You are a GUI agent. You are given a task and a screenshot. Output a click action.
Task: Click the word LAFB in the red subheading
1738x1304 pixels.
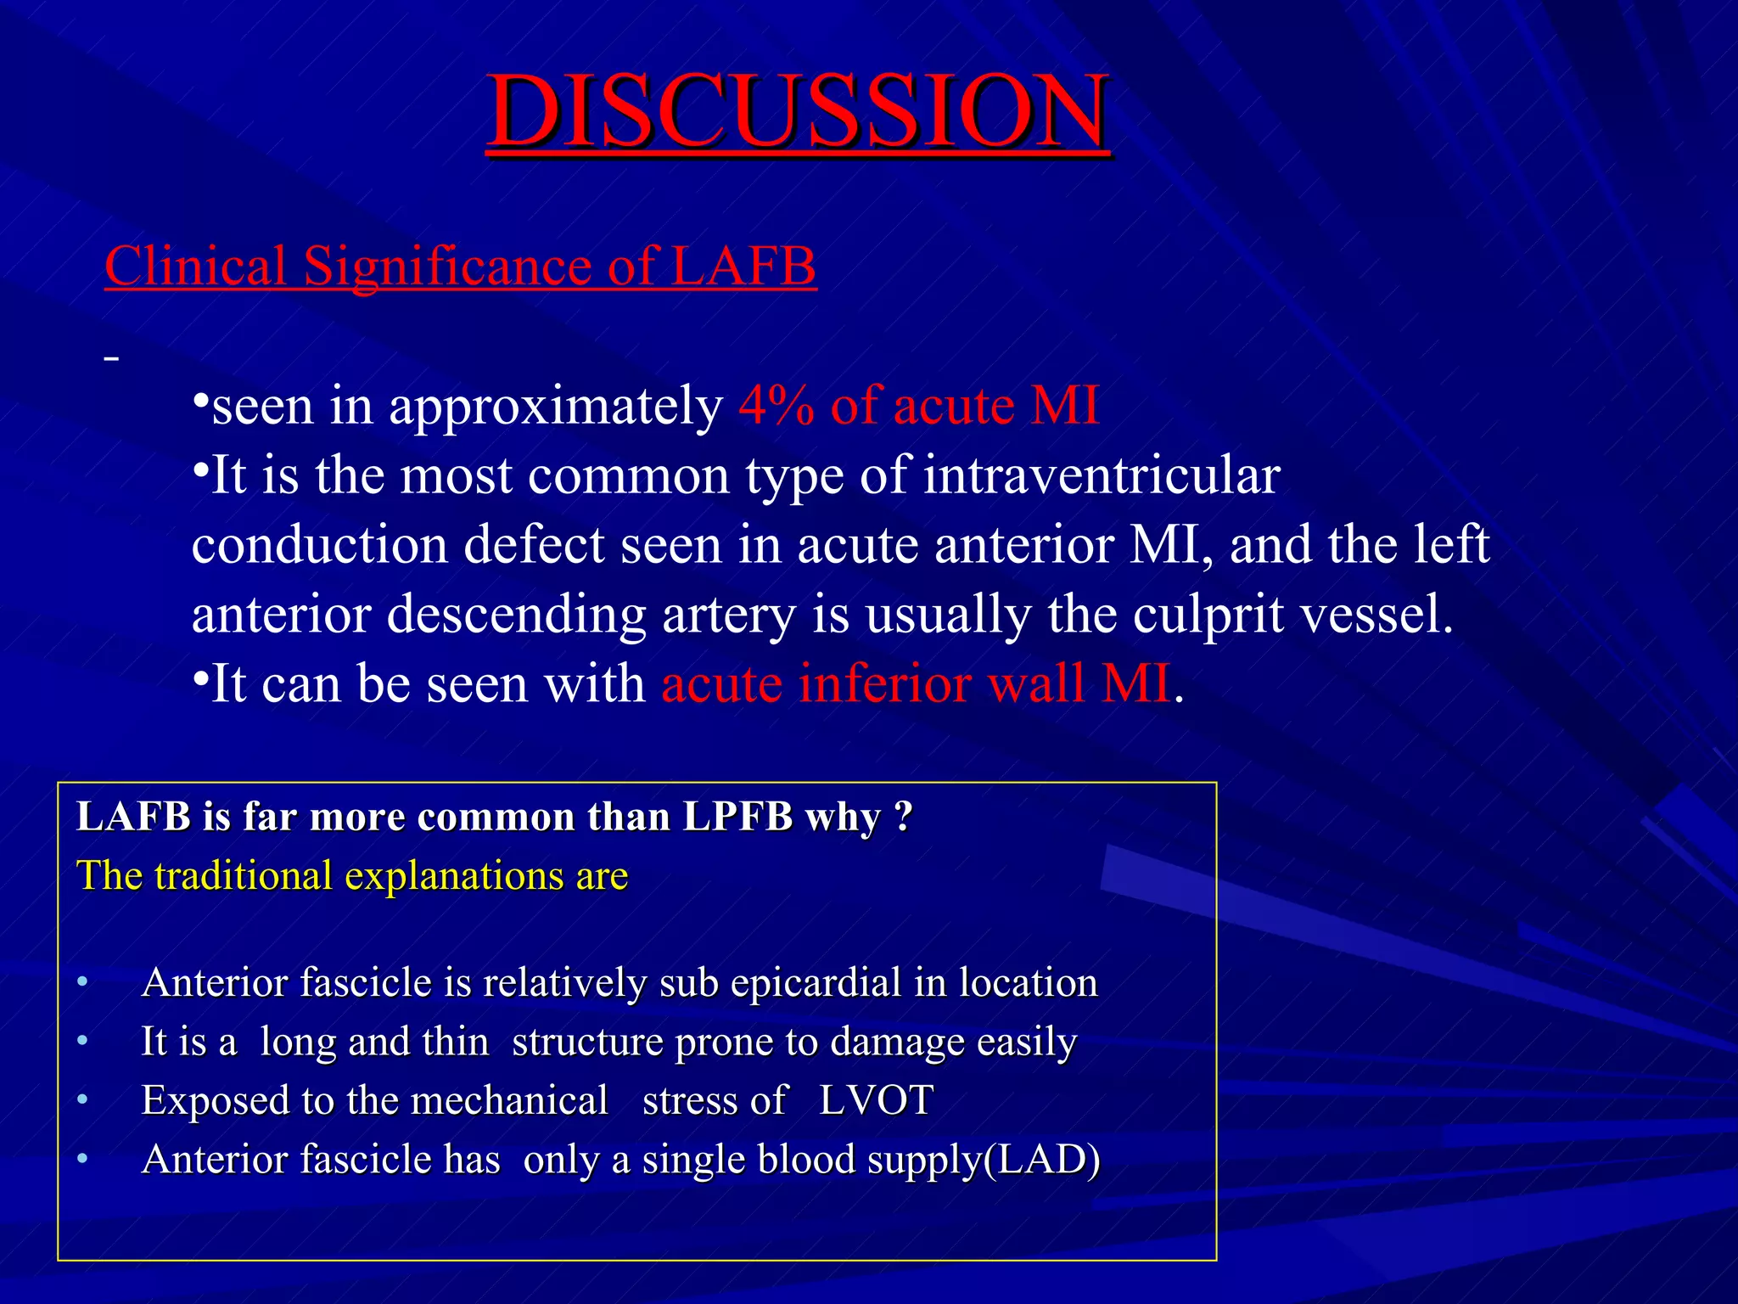click(743, 266)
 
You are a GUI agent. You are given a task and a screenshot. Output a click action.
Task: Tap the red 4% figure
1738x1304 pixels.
click(776, 405)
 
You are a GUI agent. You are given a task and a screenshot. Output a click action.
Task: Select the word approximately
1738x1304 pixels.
click(555, 407)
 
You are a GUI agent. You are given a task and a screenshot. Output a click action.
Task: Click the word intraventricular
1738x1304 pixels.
click(1101, 475)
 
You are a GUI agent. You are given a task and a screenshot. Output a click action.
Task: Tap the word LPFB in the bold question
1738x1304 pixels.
click(737, 817)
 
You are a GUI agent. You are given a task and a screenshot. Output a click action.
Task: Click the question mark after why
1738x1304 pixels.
click(903, 817)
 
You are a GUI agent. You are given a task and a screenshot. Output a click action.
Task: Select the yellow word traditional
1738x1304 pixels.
click(243, 875)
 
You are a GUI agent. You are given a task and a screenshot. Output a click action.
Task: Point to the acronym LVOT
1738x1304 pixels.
click(876, 1101)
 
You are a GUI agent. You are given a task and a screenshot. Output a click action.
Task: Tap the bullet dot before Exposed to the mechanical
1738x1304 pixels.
click(82, 1101)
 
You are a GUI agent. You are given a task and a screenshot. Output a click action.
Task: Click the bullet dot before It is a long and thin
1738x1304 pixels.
click(82, 1042)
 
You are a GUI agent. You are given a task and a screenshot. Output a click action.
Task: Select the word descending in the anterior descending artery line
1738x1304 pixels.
click(516, 615)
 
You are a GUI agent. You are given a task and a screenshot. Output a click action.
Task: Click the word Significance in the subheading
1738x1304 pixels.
click(446, 266)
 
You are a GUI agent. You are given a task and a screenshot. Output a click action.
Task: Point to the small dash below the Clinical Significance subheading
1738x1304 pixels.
click(111, 360)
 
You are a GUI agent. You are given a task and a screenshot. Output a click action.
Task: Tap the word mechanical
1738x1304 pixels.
click(509, 1101)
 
